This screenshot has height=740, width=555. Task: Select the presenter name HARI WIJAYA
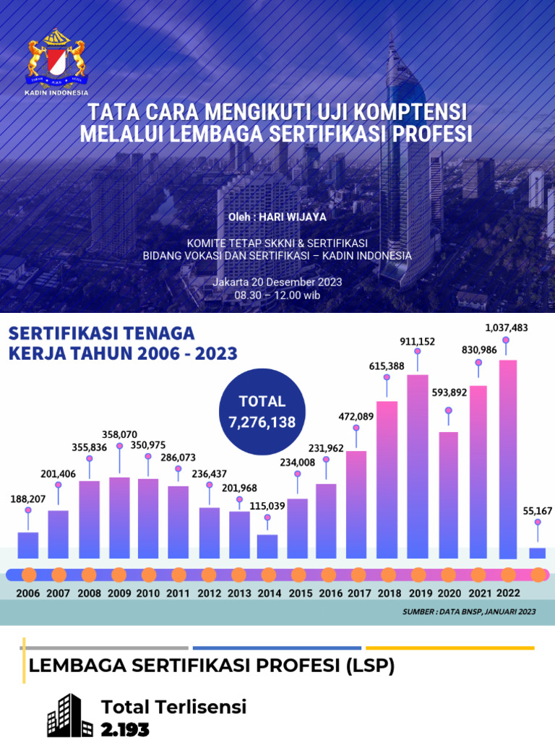point(296,217)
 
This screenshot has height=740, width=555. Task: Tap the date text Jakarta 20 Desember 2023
point(277,282)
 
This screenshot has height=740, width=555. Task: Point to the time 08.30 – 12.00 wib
point(277,295)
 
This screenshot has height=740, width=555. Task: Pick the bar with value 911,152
point(418,465)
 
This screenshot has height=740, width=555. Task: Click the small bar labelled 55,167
point(537,553)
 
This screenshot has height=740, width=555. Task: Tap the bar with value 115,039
point(267,546)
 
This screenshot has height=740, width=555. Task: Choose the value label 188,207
point(27,499)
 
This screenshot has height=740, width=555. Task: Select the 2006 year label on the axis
point(27,593)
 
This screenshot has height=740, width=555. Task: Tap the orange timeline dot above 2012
point(209,575)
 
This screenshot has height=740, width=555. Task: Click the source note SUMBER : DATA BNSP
point(468,612)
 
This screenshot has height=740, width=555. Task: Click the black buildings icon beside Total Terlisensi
point(69,715)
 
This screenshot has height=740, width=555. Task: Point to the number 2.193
point(125,729)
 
